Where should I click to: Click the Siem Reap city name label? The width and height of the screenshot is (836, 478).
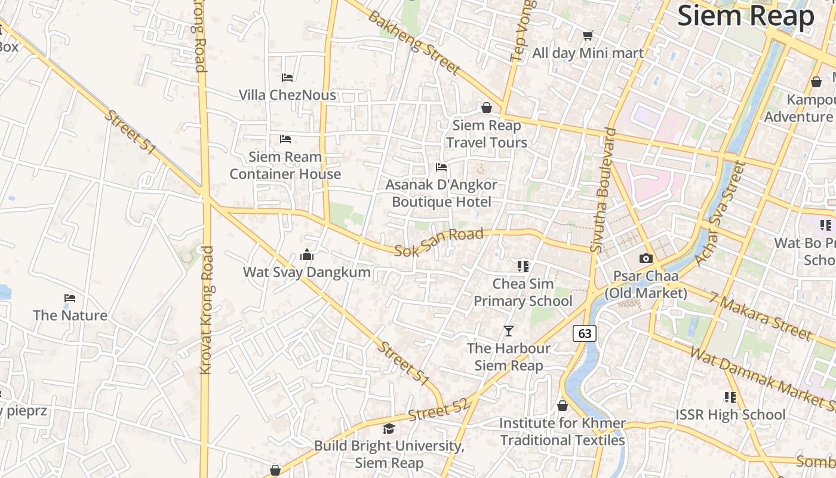[746, 16]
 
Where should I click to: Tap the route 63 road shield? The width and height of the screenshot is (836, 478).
[585, 333]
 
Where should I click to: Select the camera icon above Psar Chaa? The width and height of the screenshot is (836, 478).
[646, 259]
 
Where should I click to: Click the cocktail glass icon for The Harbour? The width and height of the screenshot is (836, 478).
[509, 330]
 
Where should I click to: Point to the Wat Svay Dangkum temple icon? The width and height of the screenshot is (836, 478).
[307, 255]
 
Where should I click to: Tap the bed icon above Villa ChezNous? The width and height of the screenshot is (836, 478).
[287, 77]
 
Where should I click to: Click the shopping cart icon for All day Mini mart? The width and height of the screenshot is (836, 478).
[588, 36]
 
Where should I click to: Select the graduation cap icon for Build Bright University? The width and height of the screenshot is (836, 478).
[389, 428]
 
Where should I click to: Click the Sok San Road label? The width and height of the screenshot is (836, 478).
[439, 242]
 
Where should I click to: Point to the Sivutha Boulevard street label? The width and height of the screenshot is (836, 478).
[603, 190]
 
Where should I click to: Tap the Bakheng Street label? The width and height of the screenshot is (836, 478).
[414, 42]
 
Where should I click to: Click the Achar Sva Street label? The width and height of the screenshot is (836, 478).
[718, 213]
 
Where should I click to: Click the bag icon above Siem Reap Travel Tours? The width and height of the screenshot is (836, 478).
[487, 108]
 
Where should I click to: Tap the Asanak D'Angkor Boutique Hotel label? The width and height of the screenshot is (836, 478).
[441, 193]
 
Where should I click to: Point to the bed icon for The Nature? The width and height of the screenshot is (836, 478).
[70, 298]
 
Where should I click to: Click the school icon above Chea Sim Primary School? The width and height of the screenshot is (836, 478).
[523, 266]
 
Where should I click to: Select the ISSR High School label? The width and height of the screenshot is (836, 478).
[730, 414]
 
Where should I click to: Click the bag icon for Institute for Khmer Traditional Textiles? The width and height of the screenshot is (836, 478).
[562, 406]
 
